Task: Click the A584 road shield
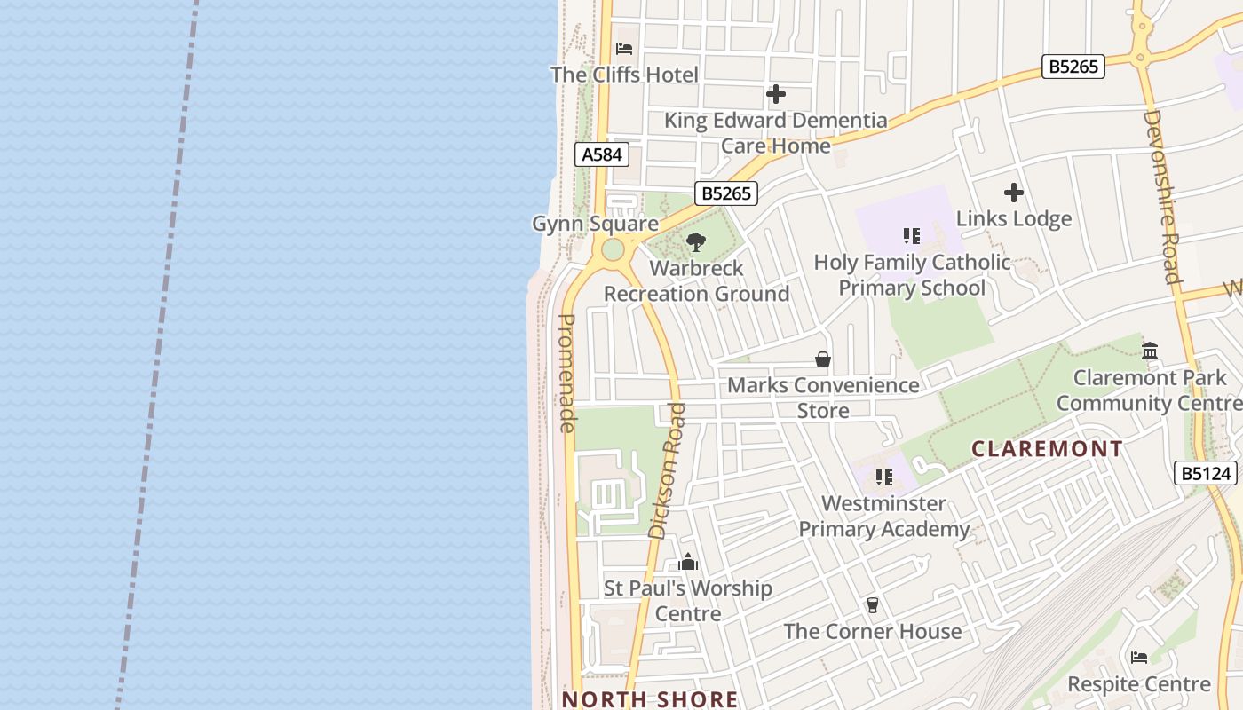tap(602, 154)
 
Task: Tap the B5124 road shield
tap(1207, 473)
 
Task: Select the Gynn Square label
tap(595, 223)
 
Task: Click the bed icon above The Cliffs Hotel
tap(624, 48)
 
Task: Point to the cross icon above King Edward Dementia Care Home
tap(776, 94)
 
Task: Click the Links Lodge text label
tap(1013, 218)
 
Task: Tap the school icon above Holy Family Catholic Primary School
tap(912, 236)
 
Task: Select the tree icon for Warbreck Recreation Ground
tap(696, 241)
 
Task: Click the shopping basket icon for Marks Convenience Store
tap(823, 359)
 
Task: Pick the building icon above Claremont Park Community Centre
tap(1150, 351)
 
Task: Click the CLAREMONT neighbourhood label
tap(1047, 449)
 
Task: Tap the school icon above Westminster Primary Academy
tap(883, 477)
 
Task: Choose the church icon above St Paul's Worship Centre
tap(688, 562)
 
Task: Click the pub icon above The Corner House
tap(872, 605)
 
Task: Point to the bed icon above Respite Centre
tap(1139, 658)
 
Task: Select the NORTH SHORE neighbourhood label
tap(650, 699)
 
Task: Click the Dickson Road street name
tap(668, 470)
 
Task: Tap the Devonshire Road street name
tap(1162, 196)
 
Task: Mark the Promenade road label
tap(567, 373)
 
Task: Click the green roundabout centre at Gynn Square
tap(613, 249)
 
